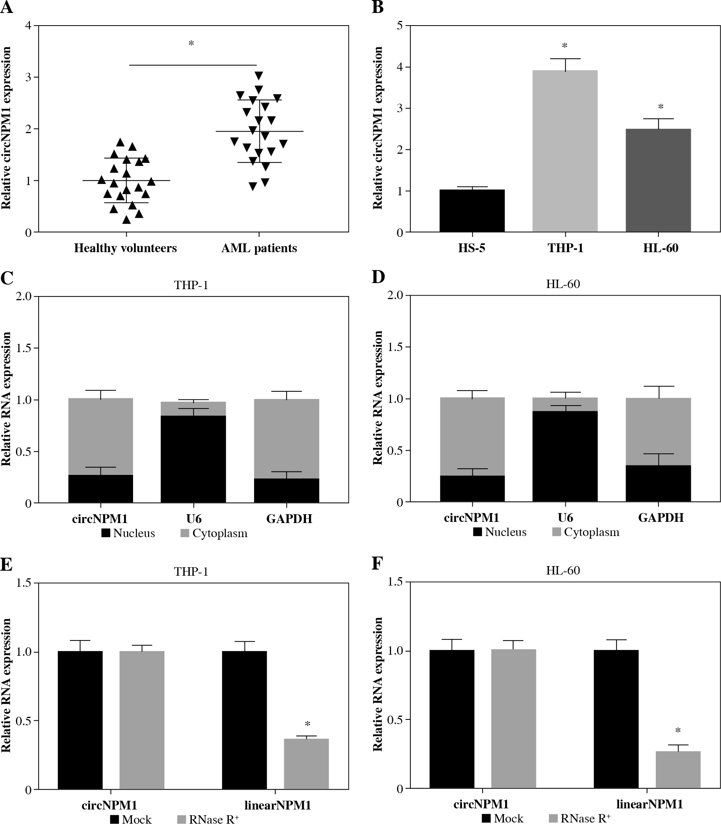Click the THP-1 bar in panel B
coord(565,151)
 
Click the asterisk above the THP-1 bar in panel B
coord(565,46)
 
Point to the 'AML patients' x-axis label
coord(259,248)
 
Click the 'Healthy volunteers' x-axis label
coord(125,248)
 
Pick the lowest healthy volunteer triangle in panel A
coord(126,220)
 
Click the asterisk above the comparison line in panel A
coord(191,43)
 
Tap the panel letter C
coord(7,278)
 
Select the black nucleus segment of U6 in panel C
coord(193,459)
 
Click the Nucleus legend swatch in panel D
coord(477,532)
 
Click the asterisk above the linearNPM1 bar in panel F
coord(678,731)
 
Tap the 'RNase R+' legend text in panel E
coord(214,818)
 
